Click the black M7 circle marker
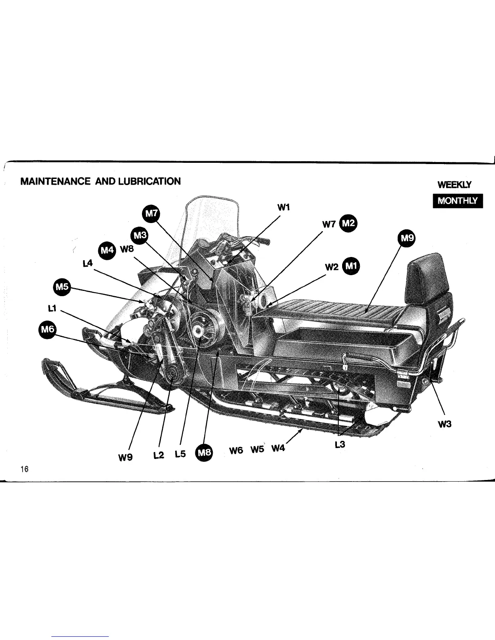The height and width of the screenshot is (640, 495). (152, 214)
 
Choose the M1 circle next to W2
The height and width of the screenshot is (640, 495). (351, 266)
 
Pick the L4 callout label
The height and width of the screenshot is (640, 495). (87, 263)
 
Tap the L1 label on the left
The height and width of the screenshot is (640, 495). (51, 309)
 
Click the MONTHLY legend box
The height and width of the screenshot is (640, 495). (457, 201)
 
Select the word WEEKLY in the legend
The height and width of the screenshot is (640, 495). (455, 185)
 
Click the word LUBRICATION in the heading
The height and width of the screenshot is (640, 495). (149, 181)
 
